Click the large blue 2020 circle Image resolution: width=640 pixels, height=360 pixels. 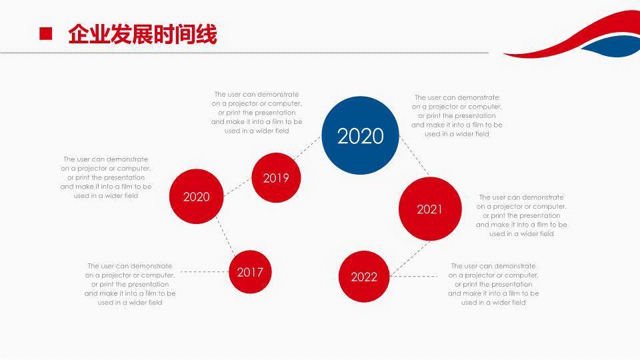[361, 135]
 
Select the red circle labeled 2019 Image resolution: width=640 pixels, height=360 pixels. [276, 177]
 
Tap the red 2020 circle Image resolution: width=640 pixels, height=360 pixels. [196, 197]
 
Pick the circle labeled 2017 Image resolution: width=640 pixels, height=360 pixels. [250, 271]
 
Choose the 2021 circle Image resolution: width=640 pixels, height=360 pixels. [429, 209]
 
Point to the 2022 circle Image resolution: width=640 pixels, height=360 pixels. [364, 277]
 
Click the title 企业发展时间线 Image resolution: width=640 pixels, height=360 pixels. [142, 35]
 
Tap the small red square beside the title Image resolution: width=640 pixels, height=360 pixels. [46, 34]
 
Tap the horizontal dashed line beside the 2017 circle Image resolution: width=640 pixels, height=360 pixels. [204, 271]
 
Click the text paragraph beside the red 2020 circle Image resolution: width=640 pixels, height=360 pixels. [106, 177]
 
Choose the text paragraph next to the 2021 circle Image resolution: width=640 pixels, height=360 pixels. [521, 215]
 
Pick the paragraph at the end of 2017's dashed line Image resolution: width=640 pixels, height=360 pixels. [130, 284]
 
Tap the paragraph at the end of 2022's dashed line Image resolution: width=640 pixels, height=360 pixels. [493, 284]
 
